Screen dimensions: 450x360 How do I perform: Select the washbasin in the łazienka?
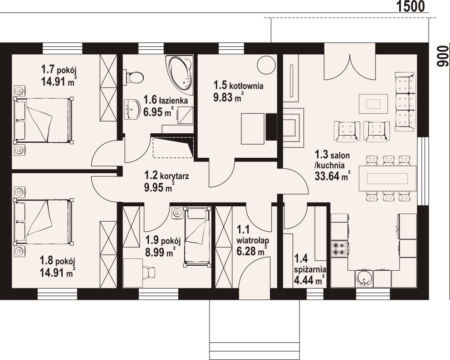point(132,109)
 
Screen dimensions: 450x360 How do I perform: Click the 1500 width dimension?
point(411,6)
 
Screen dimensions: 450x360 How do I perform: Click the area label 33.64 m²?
point(333,175)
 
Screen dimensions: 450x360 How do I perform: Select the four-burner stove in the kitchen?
point(339,249)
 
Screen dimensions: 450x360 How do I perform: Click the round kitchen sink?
point(364,278)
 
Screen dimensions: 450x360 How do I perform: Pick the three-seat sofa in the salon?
point(405,102)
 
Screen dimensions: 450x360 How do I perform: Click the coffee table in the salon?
point(373,103)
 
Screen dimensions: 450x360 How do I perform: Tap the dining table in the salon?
point(387,178)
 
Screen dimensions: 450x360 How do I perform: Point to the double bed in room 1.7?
point(44,120)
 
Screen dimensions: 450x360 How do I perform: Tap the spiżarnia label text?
point(310,270)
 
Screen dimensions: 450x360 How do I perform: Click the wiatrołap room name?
point(253,239)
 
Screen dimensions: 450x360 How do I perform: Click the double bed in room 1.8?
point(44,221)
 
